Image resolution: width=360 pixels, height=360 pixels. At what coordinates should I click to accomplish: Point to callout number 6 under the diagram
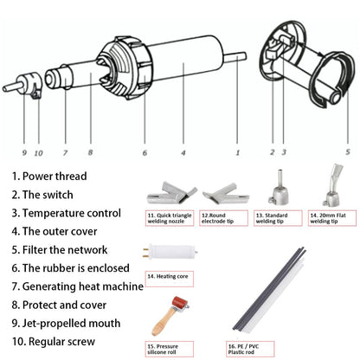(x=145, y=153)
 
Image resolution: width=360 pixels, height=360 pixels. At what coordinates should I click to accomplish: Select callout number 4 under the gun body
(x=183, y=153)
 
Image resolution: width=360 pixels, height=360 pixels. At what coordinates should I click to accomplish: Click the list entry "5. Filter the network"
(x=61, y=249)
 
